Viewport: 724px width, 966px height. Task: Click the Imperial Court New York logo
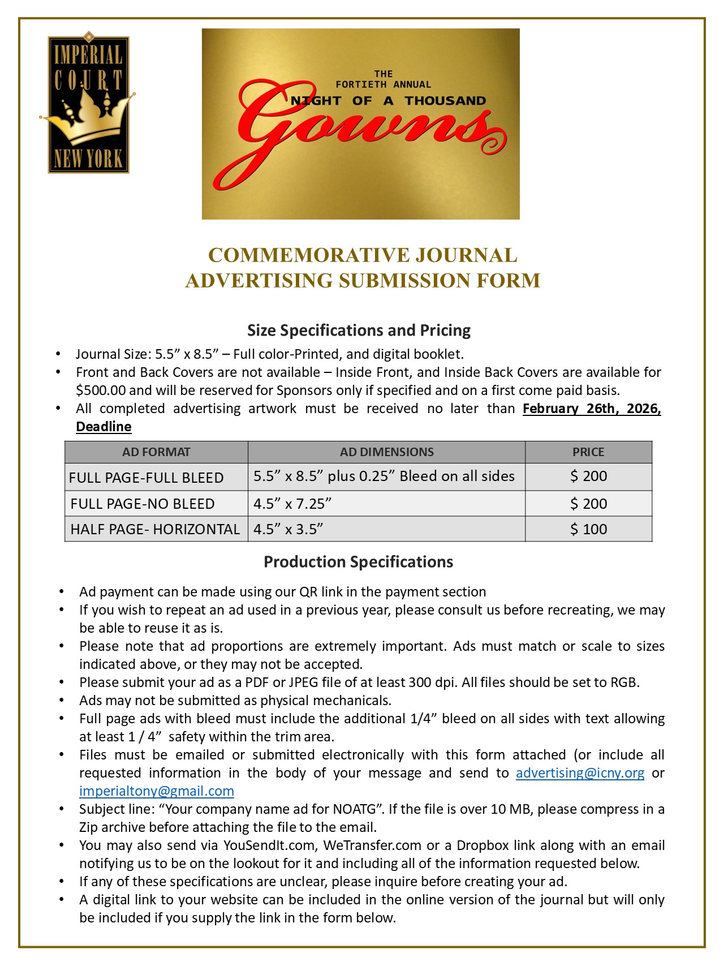[x=88, y=103]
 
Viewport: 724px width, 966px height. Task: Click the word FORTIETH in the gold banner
[x=361, y=84]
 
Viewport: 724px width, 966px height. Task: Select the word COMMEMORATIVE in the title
[x=308, y=255]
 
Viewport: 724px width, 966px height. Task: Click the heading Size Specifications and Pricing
[x=359, y=330]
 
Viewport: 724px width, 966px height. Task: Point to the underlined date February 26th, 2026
[x=591, y=409]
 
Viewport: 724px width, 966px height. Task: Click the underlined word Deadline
[x=104, y=427]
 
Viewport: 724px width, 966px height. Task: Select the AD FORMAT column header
[x=156, y=452]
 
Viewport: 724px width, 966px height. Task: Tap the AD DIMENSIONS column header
[x=386, y=452]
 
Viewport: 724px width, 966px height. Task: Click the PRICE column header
[x=588, y=452]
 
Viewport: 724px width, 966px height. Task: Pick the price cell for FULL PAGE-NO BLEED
[x=588, y=504]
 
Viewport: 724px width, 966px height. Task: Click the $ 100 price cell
[x=588, y=529]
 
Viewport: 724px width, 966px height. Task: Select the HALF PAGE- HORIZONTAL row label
[x=155, y=529]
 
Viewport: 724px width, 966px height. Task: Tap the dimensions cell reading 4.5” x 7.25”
[x=292, y=504]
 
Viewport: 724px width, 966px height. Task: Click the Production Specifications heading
[x=359, y=562]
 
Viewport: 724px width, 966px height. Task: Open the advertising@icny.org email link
[x=580, y=773]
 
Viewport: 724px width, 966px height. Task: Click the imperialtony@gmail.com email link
[x=157, y=791]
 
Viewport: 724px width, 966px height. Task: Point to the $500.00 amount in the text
[x=101, y=390]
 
